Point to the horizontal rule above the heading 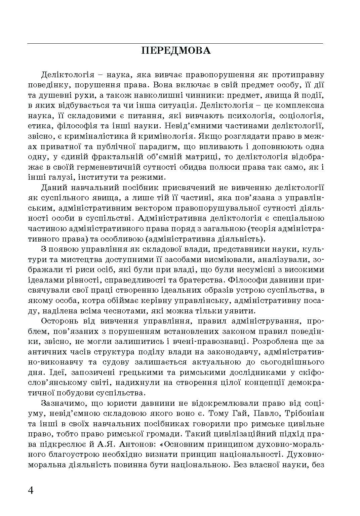[x=175, y=44]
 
